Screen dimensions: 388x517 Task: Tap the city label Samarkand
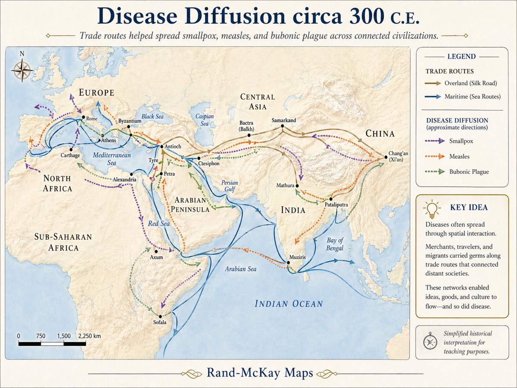tap(283, 120)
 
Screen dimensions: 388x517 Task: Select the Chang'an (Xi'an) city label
tap(397, 156)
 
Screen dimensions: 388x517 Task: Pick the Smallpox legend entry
tap(458, 141)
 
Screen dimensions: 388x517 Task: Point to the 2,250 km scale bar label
tap(89, 336)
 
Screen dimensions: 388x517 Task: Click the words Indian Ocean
tap(289, 304)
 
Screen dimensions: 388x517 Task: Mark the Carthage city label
tap(70, 155)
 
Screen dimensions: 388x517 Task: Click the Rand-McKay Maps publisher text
tap(260, 372)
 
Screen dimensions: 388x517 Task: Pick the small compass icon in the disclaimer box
tap(430, 342)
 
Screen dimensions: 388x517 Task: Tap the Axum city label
tap(156, 257)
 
